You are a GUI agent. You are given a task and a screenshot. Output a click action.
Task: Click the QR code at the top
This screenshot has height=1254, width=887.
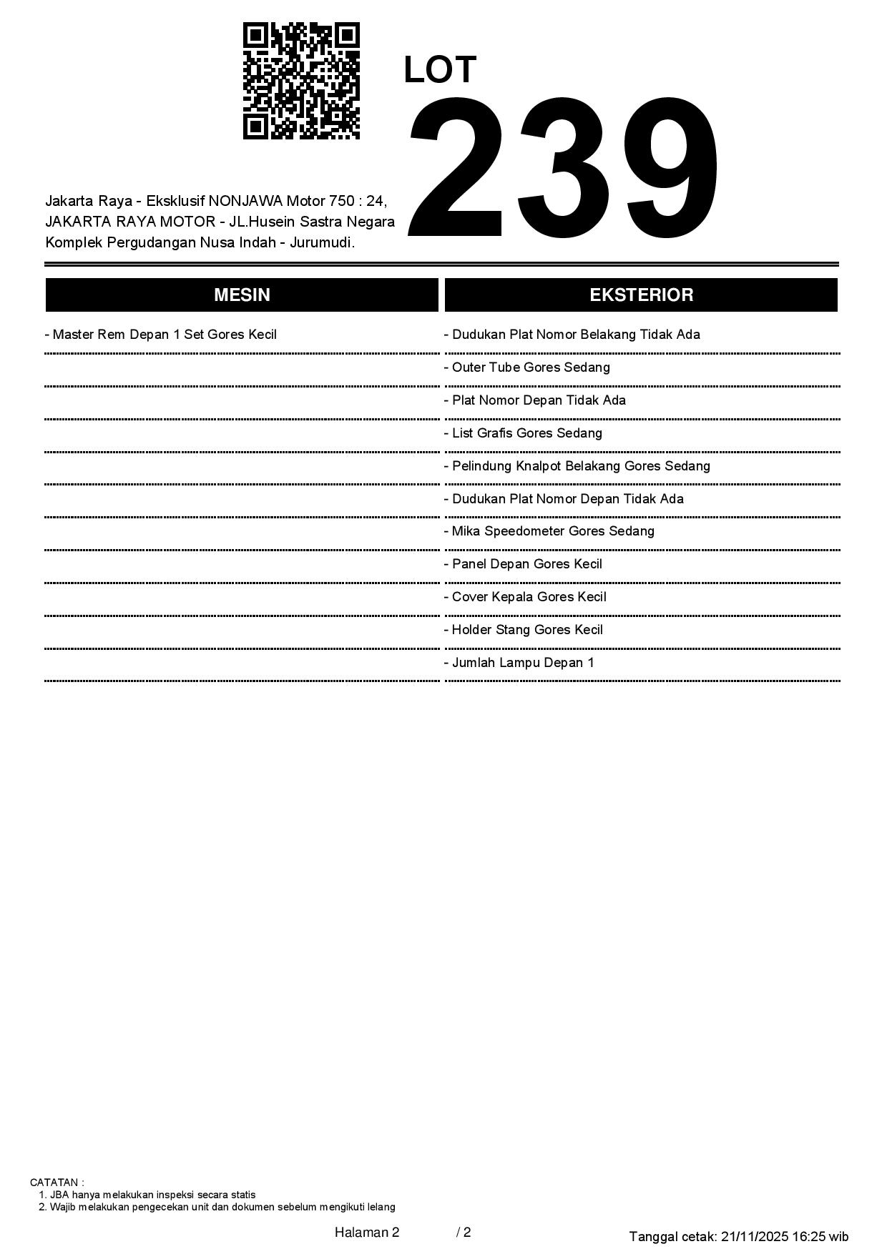[301, 81]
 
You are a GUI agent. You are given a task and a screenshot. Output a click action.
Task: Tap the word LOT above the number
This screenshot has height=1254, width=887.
[440, 70]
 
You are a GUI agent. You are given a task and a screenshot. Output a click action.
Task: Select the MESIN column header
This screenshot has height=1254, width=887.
[242, 295]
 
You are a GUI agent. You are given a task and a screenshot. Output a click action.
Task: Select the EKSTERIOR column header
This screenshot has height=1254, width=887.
[641, 295]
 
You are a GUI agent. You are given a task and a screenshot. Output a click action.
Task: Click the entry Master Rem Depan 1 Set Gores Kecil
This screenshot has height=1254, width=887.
[161, 335]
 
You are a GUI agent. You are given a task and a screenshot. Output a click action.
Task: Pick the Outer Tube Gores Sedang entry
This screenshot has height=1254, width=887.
[527, 367]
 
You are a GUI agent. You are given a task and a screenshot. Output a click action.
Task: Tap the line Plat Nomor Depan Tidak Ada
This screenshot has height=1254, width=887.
[535, 400]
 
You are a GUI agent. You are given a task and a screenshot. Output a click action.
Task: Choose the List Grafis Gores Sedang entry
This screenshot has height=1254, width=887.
[524, 433]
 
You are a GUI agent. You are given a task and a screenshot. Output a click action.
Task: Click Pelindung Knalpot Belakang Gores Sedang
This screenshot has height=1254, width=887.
[577, 466]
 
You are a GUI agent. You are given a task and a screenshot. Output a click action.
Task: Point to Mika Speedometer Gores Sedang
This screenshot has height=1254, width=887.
[549, 531]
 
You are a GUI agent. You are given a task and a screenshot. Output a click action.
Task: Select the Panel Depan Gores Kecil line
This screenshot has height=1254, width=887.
[524, 564]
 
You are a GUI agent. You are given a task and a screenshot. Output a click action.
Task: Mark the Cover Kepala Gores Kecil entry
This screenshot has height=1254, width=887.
[525, 597]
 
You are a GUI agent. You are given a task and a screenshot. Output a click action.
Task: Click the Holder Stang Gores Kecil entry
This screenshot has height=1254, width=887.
[524, 630]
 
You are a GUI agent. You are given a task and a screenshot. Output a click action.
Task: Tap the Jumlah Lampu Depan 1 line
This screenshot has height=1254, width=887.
[519, 663]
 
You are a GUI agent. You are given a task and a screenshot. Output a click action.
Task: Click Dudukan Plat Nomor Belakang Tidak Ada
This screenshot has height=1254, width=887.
[572, 335]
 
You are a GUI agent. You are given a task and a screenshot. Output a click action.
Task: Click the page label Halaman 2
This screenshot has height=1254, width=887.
[366, 1232]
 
